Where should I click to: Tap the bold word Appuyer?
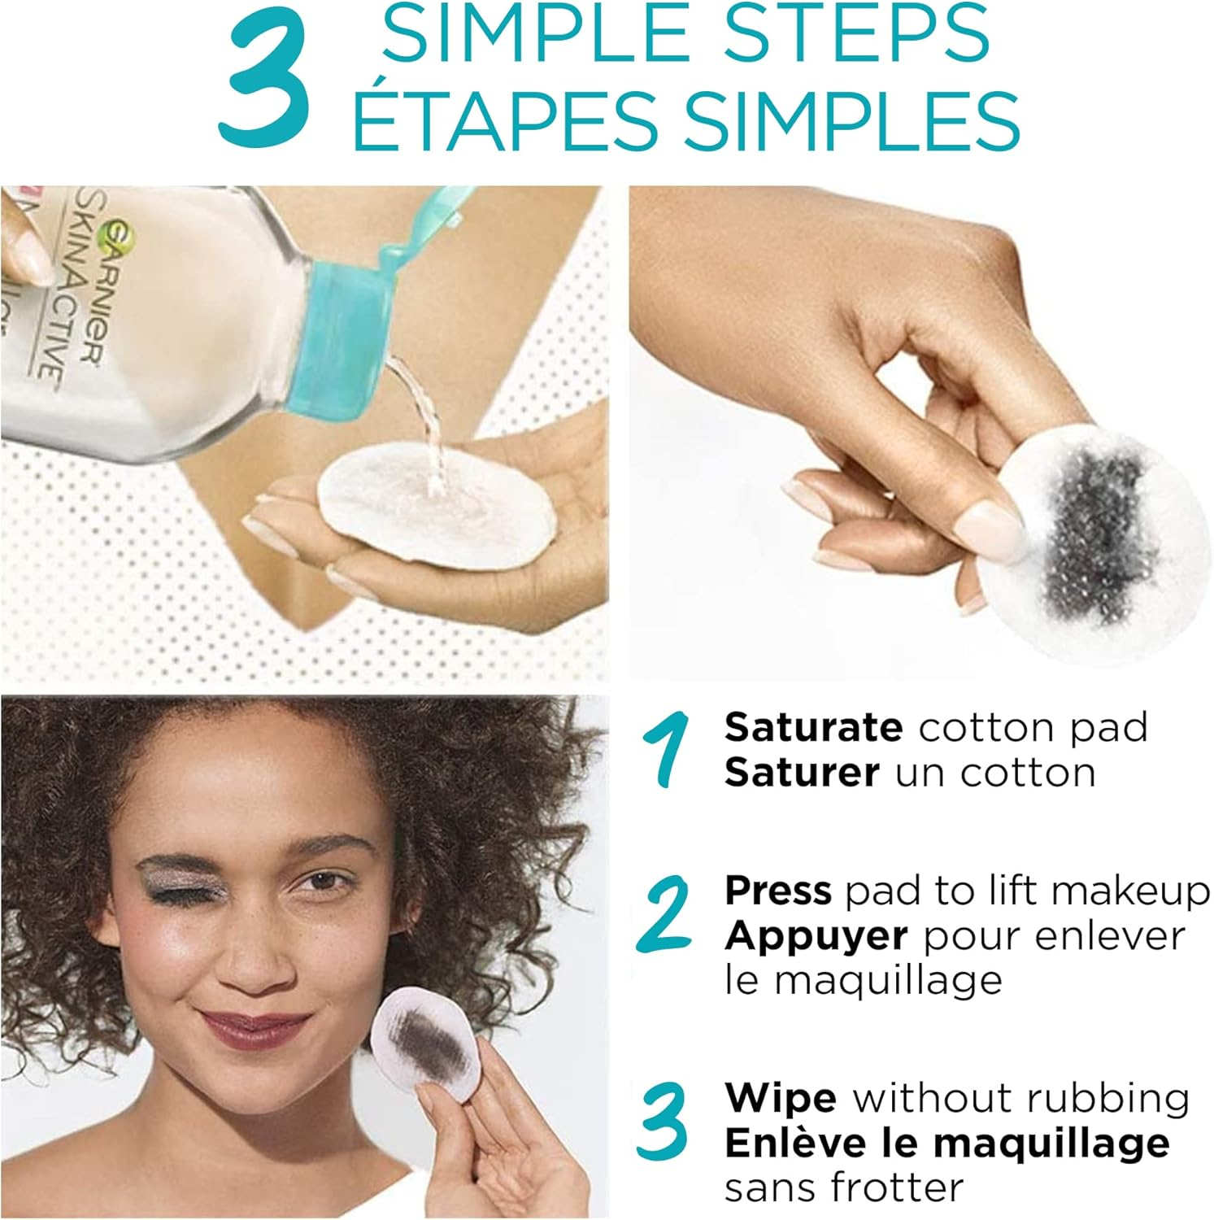[816, 938]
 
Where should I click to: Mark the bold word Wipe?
[781, 1099]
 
